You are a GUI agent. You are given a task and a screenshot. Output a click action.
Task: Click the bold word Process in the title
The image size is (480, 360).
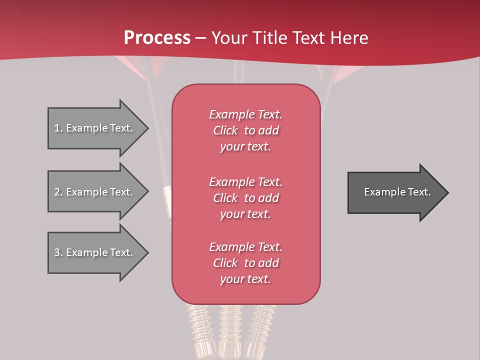click(157, 38)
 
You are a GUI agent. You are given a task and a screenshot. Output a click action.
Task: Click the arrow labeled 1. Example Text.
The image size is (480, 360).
click(95, 128)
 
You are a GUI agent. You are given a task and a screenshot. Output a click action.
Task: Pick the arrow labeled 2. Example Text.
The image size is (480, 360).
click(95, 192)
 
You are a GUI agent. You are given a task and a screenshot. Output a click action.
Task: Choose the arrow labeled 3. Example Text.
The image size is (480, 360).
click(95, 252)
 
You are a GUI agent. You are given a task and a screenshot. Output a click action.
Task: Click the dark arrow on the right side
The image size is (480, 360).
click(395, 192)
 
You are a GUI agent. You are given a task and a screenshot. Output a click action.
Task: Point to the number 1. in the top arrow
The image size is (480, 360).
click(58, 128)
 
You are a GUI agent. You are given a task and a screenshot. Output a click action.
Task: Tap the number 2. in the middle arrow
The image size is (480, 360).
click(58, 192)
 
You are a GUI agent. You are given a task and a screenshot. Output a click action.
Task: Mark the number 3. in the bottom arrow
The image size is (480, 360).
click(58, 252)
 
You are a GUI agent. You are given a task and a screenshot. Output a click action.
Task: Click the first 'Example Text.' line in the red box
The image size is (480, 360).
click(245, 114)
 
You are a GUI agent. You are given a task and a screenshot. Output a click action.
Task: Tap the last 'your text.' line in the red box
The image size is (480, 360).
click(245, 279)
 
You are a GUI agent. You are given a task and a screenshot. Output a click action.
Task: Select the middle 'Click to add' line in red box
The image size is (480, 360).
click(245, 198)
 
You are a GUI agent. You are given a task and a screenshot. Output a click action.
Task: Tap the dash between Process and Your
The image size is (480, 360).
click(201, 38)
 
